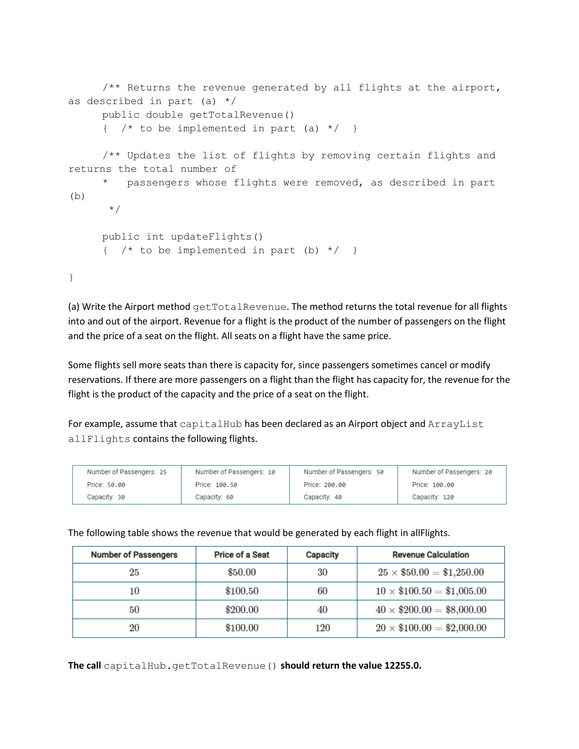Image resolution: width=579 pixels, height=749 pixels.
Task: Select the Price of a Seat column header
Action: (241, 555)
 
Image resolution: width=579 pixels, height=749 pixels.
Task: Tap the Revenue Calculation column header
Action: (431, 555)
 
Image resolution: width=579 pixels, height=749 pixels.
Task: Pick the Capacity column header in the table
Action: (322, 555)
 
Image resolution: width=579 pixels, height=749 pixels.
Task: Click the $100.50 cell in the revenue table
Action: (241, 591)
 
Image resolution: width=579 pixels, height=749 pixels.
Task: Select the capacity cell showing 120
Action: (322, 628)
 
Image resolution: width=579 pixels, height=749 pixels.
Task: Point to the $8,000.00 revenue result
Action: (466, 609)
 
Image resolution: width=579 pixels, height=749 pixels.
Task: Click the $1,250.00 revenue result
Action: (463, 572)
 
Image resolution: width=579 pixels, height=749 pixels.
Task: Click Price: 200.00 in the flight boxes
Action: (325, 484)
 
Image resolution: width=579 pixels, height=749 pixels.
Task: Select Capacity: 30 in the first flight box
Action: (106, 497)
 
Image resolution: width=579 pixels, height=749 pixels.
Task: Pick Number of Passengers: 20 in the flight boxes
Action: (452, 472)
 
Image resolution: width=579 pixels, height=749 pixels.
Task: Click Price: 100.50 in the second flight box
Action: (216, 484)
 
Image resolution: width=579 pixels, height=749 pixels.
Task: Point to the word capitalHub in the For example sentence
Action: (210, 424)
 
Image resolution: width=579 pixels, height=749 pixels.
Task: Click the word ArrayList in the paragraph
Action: (455, 424)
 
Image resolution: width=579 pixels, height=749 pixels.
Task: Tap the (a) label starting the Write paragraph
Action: (74, 307)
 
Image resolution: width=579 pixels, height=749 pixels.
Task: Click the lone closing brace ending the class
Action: (71, 277)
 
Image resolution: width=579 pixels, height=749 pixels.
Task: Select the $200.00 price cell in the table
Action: (241, 609)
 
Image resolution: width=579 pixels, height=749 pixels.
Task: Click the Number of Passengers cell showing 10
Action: (134, 591)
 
